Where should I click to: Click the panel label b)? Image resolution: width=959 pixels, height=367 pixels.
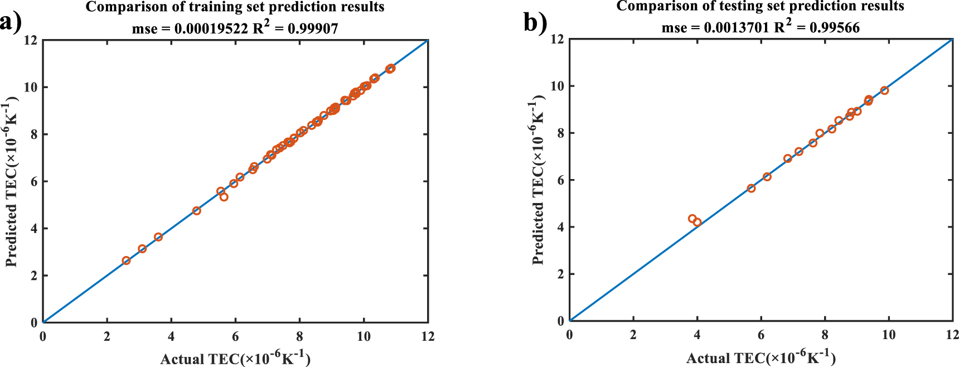pos(535,23)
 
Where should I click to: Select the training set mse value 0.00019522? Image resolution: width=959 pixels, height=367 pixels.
pos(211,28)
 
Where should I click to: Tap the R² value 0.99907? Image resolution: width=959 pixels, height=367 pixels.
pos(313,28)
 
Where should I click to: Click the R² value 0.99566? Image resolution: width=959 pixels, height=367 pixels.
pos(834,27)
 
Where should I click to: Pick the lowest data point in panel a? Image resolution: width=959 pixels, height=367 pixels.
pos(126,260)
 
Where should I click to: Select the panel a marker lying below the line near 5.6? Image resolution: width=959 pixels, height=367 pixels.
pos(224,197)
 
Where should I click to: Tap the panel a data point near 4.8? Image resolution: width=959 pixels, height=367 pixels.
pos(196,211)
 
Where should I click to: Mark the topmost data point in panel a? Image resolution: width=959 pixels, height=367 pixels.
pos(391,68)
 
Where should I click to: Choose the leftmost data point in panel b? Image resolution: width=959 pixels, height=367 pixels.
pos(692,219)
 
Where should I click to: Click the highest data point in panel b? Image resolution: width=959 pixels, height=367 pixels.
pos(884,90)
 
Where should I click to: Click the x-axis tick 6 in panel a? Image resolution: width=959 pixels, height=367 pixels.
pos(235,336)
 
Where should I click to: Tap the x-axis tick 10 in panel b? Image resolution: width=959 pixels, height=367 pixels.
pos(889,335)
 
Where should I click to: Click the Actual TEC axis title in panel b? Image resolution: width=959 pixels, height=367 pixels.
pos(761,358)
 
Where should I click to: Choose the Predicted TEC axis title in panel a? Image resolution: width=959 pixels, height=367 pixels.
pos(12,181)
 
